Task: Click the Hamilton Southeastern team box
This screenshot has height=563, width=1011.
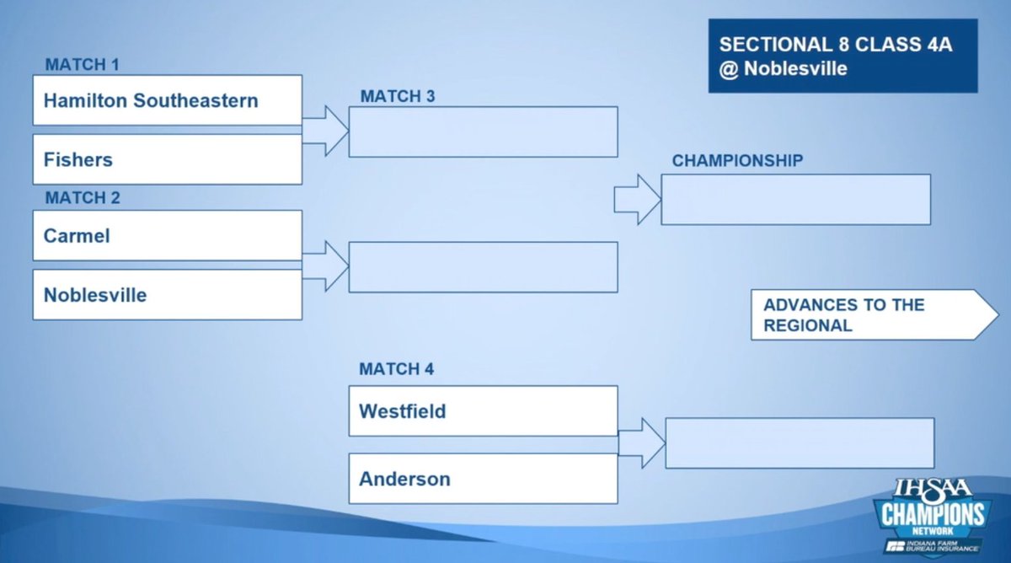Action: (x=167, y=100)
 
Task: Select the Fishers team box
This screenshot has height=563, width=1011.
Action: (x=167, y=159)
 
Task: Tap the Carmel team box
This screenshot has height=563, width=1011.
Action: (x=167, y=235)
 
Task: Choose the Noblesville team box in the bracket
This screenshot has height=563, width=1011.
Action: (x=167, y=295)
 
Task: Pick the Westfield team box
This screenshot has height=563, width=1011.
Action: (x=483, y=411)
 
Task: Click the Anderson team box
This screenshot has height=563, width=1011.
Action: (x=483, y=479)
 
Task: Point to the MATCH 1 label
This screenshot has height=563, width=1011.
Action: (x=82, y=65)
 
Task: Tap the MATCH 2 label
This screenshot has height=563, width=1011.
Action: (x=82, y=198)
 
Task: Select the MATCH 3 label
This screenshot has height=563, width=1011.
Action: (x=398, y=96)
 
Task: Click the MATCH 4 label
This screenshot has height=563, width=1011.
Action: (x=397, y=369)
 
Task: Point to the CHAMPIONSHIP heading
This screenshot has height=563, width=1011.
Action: (x=737, y=160)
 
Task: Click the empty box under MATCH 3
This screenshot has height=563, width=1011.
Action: (x=483, y=131)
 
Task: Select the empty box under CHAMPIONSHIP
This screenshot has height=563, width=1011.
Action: (x=795, y=200)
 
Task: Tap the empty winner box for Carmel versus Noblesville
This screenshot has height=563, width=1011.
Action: (x=483, y=267)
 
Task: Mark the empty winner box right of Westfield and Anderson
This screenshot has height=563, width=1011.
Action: (x=800, y=442)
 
